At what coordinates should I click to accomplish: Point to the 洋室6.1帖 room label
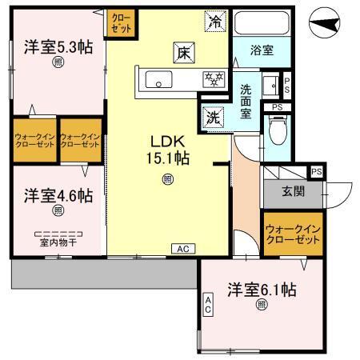(x=261, y=290)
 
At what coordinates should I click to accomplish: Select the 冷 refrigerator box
(x=214, y=22)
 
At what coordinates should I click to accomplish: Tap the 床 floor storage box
(x=182, y=54)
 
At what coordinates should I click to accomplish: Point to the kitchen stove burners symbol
(x=214, y=78)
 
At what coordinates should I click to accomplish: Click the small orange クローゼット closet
(x=122, y=20)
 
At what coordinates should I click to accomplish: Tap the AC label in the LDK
(x=182, y=248)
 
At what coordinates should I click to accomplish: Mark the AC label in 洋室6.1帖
(x=207, y=305)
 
